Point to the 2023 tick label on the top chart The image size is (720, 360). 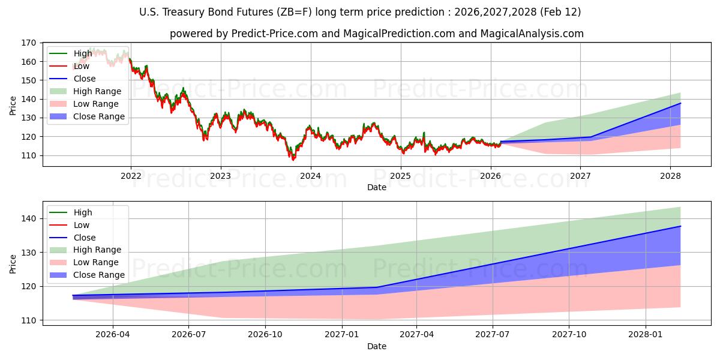pyautogui.click(x=221, y=176)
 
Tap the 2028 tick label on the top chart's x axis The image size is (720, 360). pyautogui.click(x=670, y=176)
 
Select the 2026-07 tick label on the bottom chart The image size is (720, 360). pyautogui.click(x=189, y=334)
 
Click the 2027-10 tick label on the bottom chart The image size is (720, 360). pyautogui.click(x=568, y=334)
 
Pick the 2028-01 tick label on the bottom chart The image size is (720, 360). pyautogui.click(x=646, y=334)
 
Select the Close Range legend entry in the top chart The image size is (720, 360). pyautogui.click(x=99, y=116)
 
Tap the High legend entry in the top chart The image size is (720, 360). pyautogui.click(x=83, y=53)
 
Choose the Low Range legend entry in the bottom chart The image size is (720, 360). pyautogui.click(x=96, y=262)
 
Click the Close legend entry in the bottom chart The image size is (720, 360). pyautogui.click(x=85, y=238)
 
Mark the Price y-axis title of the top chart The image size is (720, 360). pyautogui.click(x=13, y=105)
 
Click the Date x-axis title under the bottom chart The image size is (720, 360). pyautogui.click(x=377, y=346)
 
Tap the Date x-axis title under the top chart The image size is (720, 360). pyautogui.click(x=377, y=187)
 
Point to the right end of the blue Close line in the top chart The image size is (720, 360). pyautogui.click(x=680, y=103)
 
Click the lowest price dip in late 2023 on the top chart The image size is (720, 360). pyautogui.click(x=293, y=160)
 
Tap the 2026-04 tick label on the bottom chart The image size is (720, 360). pyautogui.click(x=113, y=334)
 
